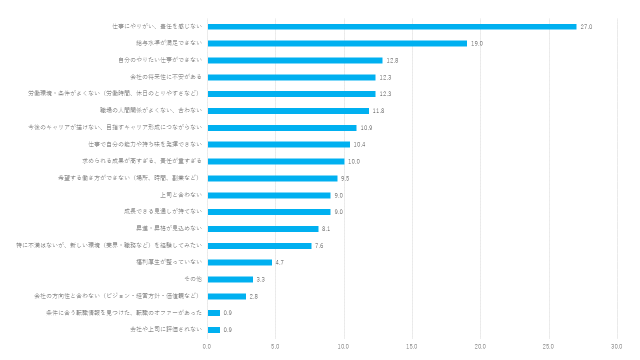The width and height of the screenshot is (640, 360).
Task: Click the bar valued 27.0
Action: (392, 26)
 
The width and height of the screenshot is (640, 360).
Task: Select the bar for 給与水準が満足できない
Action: (337, 43)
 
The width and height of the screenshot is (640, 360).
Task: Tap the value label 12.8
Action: (392, 60)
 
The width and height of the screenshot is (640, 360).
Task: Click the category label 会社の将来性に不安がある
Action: (165, 77)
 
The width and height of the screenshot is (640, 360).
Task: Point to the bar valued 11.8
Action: (288, 111)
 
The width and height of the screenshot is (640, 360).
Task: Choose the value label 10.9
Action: (366, 128)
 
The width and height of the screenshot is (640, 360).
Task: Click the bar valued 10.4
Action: (279, 144)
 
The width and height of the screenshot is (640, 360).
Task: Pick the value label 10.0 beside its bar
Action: (353, 161)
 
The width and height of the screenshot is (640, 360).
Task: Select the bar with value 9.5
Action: (272, 178)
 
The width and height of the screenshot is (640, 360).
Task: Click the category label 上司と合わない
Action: (181, 195)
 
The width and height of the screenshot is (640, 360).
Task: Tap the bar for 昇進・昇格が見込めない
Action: (263, 229)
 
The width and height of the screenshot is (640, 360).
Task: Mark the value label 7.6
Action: (319, 246)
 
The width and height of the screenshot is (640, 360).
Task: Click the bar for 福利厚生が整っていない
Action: (240, 262)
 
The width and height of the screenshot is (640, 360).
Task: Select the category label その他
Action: (193, 279)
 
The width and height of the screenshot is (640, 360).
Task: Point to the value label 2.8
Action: (253, 296)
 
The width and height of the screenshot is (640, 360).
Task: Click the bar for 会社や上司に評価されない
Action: (214, 330)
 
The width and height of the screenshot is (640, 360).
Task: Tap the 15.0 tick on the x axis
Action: (412, 346)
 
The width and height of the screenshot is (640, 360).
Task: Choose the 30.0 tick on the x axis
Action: (617, 346)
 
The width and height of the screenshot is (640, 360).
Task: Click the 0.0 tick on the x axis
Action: (207, 346)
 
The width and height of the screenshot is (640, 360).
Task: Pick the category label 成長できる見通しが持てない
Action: (163, 211)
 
